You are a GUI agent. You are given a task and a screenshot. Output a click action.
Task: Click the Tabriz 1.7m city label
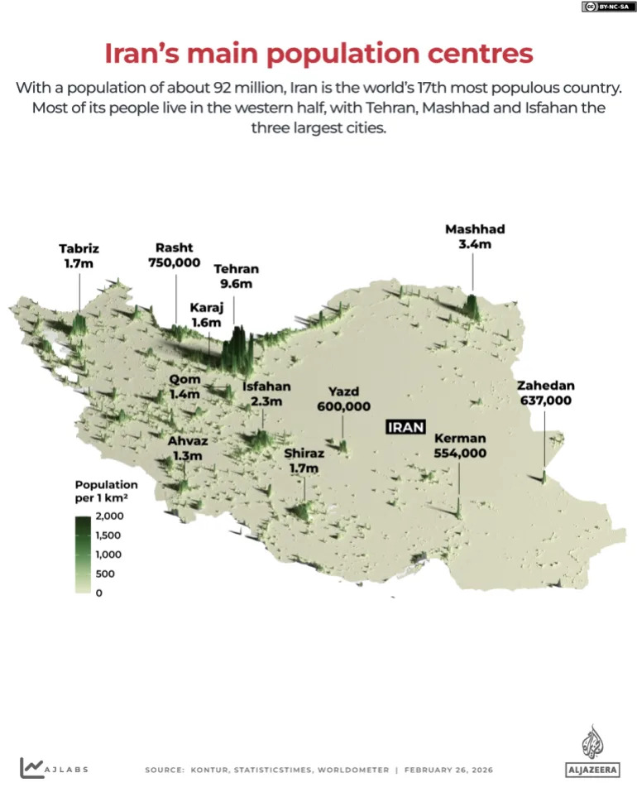click(79, 255)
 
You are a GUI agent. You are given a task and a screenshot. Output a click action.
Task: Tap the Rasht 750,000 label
click(175, 254)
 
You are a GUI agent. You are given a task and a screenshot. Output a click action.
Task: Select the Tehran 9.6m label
click(236, 276)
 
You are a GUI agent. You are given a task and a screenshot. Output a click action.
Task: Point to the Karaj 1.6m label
click(206, 314)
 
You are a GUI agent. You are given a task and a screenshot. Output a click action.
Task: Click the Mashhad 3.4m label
click(474, 237)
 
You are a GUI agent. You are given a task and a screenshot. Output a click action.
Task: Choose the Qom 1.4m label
click(185, 386)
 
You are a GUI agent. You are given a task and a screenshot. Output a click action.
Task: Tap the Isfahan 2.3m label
click(266, 393)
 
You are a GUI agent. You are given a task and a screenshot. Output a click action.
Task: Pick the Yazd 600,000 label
click(343, 398)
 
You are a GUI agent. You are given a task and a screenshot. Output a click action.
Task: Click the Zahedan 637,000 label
click(545, 392)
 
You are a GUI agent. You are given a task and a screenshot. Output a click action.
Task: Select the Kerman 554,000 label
click(460, 445)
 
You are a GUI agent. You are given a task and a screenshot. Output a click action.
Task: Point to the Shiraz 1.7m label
click(304, 461)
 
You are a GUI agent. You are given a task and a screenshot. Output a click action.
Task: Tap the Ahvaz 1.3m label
click(188, 449)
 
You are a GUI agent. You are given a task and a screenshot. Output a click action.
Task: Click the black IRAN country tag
click(406, 427)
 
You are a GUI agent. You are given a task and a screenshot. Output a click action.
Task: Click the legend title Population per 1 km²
click(106, 492)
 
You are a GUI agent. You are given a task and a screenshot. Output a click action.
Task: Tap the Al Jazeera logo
click(591, 752)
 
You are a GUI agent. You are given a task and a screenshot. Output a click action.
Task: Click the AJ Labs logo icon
click(32, 768)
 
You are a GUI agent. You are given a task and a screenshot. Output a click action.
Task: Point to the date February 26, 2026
click(448, 770)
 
